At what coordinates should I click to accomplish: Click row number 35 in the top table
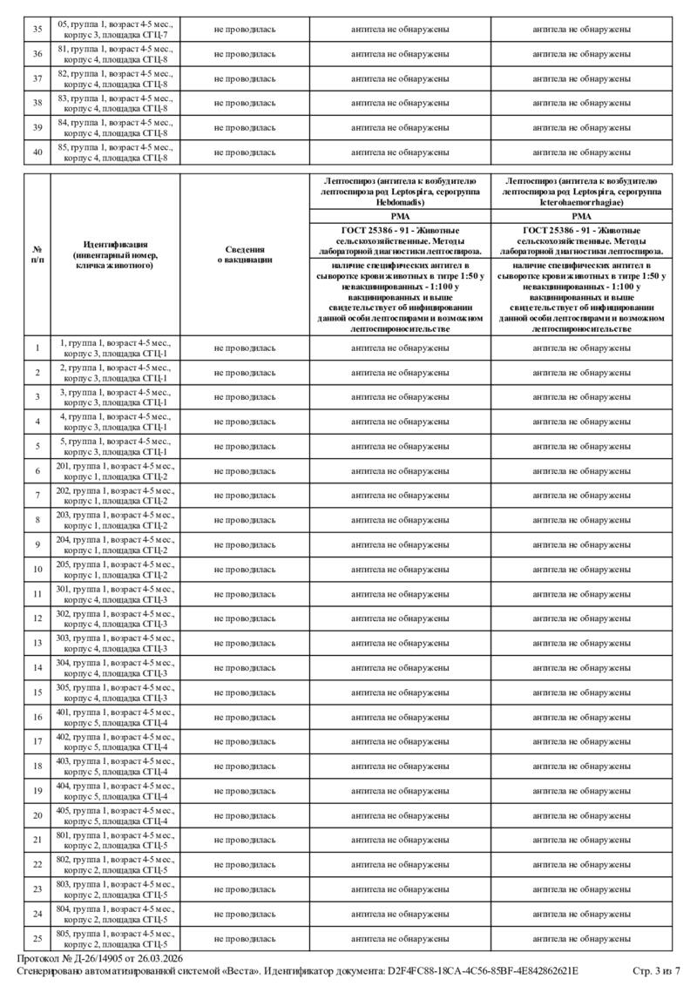pyautogui.click(x=37, y=30)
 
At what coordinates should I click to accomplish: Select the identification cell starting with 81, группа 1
pyautogui.click(x=115, y=54)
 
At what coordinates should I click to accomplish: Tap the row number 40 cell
pyautogui.click(x=37, y=152)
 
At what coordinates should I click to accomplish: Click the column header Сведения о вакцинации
pyautogui.click(x=245, y=253)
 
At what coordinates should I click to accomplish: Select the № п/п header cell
pyautogui.click(x=37, y=253)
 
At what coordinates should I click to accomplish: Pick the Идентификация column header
pyautogui.click(x=115, y=253)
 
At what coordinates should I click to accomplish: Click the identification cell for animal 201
pyautogui.click(x=115, y=471)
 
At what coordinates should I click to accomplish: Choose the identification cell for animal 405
pyautogui.click(x=115, y=815)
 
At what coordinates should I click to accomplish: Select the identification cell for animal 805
pyautogui.click(x=115, y=939)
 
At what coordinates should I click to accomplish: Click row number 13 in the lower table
pyautogui.click(x=37, y=643)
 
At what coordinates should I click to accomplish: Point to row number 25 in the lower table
pyautogui.click(x=37, y=939)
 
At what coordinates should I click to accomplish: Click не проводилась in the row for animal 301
pyautogui.click(x=245, y=594)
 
